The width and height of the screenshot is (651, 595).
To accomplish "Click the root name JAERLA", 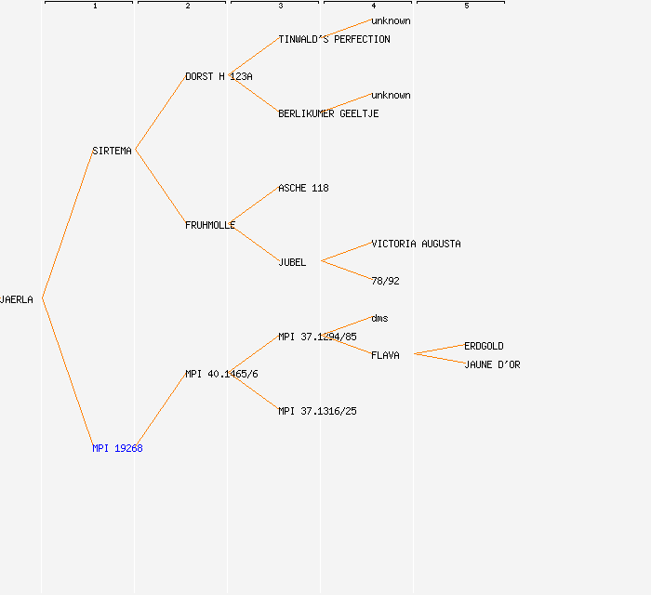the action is point(16,299).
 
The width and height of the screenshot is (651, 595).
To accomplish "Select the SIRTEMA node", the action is point(112,151).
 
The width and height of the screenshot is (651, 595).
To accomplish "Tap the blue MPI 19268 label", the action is point(117,448).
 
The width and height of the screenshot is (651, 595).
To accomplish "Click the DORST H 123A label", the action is point(219,77).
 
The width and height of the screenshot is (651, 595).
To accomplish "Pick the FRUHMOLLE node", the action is point(210,225).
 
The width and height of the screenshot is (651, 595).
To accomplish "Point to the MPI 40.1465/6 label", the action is point(221,375).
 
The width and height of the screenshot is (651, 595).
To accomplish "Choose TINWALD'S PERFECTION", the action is point(334,39).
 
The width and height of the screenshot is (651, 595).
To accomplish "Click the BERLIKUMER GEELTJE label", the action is point(328,113).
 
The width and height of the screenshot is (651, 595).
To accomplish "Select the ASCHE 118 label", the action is point(303,189).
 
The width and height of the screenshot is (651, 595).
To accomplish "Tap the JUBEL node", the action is point(292,263).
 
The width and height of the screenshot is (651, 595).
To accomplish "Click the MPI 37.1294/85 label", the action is point(317,337).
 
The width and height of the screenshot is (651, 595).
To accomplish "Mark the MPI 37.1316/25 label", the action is point(317,411).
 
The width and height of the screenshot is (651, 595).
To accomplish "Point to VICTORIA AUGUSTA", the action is point(416,244).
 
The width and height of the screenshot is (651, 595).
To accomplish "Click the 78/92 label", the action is point(385,282).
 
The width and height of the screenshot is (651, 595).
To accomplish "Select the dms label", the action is point(379,318).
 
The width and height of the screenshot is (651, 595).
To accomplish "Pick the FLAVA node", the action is point(385,355).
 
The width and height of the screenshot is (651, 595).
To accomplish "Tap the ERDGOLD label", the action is point(484,346).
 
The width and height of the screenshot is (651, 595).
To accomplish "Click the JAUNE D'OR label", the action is point(492,364).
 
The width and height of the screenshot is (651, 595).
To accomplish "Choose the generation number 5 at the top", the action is point(467,6).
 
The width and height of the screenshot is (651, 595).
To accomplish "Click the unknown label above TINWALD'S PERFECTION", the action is point(391,20).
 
